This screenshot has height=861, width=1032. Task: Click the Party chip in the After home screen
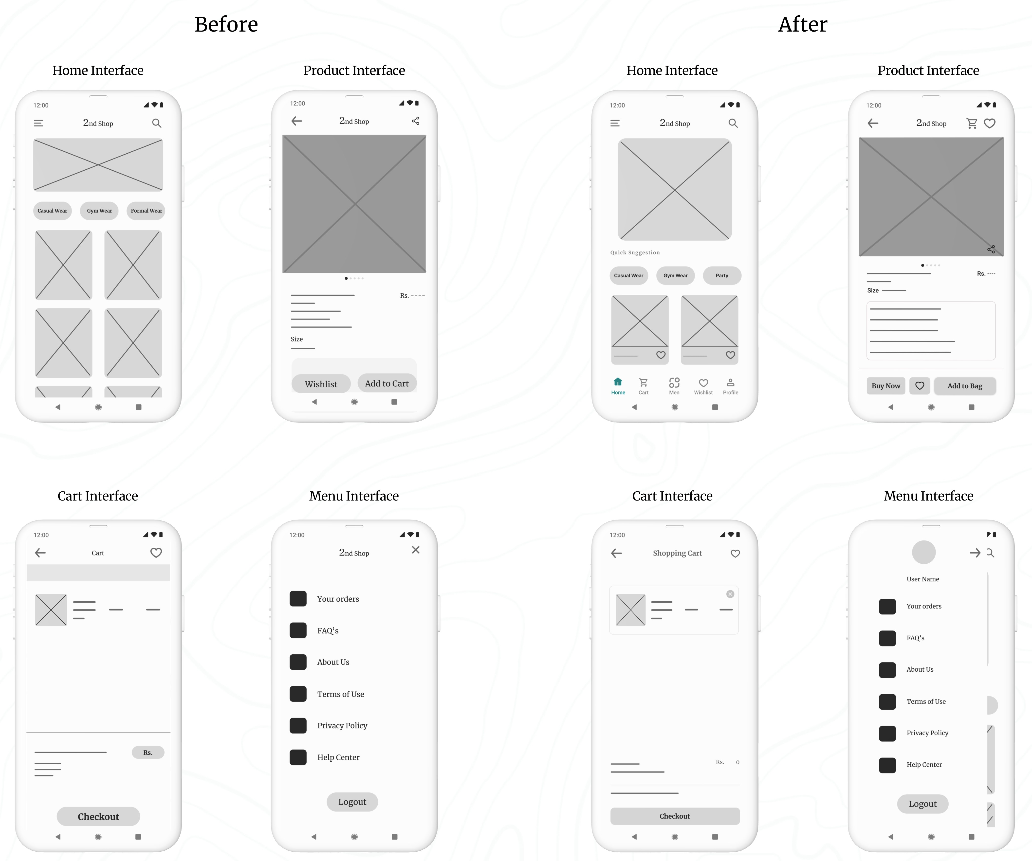pos(722,276)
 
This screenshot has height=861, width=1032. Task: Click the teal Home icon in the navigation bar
pos(618,382)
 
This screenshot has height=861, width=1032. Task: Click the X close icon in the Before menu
pos(416,550)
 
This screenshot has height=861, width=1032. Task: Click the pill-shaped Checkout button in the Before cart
pos(98,816)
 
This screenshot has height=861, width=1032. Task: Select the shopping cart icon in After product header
pos(972,123)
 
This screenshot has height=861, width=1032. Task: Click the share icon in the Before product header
pos(415,121)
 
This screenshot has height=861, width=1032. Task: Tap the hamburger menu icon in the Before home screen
pos(38,123)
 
